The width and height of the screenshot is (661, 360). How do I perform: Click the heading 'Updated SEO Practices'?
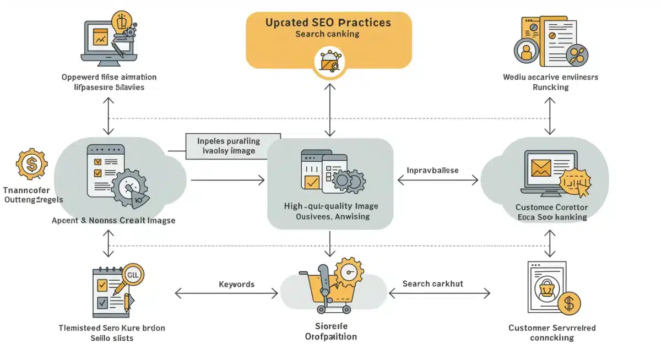click(328, 23)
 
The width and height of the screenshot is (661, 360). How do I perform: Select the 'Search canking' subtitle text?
click(327, 34)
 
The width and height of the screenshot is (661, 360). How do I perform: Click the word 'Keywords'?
click(236, 284)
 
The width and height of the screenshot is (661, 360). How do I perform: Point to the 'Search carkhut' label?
click(432, 283)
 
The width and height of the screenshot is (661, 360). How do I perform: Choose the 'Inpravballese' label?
click(432, 171)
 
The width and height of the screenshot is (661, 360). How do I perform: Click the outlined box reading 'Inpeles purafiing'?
click(232, 146)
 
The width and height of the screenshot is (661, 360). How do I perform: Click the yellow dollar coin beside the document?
click(569, 303)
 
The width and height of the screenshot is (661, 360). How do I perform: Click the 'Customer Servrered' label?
click(551, 328)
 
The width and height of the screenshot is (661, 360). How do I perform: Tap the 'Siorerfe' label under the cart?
click(330, 326)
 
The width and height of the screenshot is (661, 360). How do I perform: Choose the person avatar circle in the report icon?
click(527, 52)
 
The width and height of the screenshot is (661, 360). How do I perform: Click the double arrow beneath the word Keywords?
click(226, 294)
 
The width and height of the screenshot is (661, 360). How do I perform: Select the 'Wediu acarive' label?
click(550, 77)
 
